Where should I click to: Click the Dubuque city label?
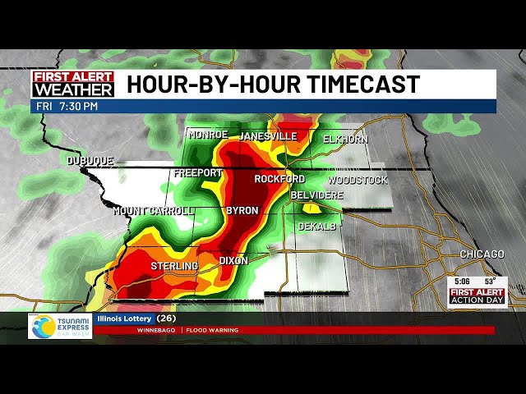(x=90, y=161)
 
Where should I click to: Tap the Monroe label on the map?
(x=207, y=135)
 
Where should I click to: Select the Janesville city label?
(x=268, y=136)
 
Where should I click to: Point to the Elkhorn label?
(x=345, y=140)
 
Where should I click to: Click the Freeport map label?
(x=197, y=173)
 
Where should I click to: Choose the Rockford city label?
(x=279, y=179)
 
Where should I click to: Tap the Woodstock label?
(x=358, y=180)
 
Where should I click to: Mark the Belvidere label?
(x=316, y=195)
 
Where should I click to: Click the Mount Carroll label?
(x=154, y=211)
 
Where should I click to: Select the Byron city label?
(x=242, y=211)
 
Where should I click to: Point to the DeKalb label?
(x=317, y=226)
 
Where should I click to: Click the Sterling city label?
(x=174, y=267)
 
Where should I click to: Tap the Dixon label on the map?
(x=233, y=261)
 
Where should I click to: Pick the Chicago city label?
(x=482, y=254)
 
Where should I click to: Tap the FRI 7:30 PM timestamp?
(x=66, y=106)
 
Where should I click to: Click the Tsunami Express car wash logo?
(x=60, y=327)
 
